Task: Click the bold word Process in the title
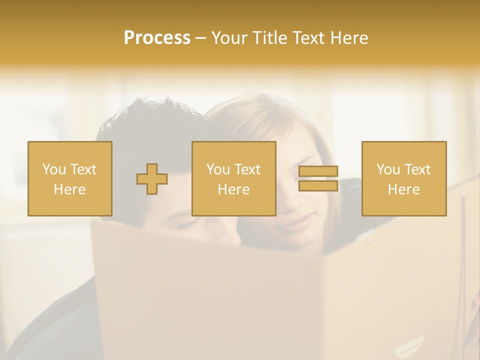click(x=157, y=38)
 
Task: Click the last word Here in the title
click(x=349, y=38)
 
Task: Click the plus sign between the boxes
click(x=152, y=179)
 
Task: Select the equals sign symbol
click(x=318, y=178)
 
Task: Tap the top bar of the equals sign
click(x=318, y=171)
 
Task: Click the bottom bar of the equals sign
click(x=318, y=185)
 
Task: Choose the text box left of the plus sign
click(x=69, y=178)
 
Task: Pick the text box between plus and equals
click(x=233, y=178)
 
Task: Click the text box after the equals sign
click(x=403, y=178)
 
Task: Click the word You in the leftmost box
click(x=53, y=169)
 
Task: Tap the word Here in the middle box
click(x=233, y=189)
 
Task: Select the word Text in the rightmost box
click(x=417, y=169)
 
